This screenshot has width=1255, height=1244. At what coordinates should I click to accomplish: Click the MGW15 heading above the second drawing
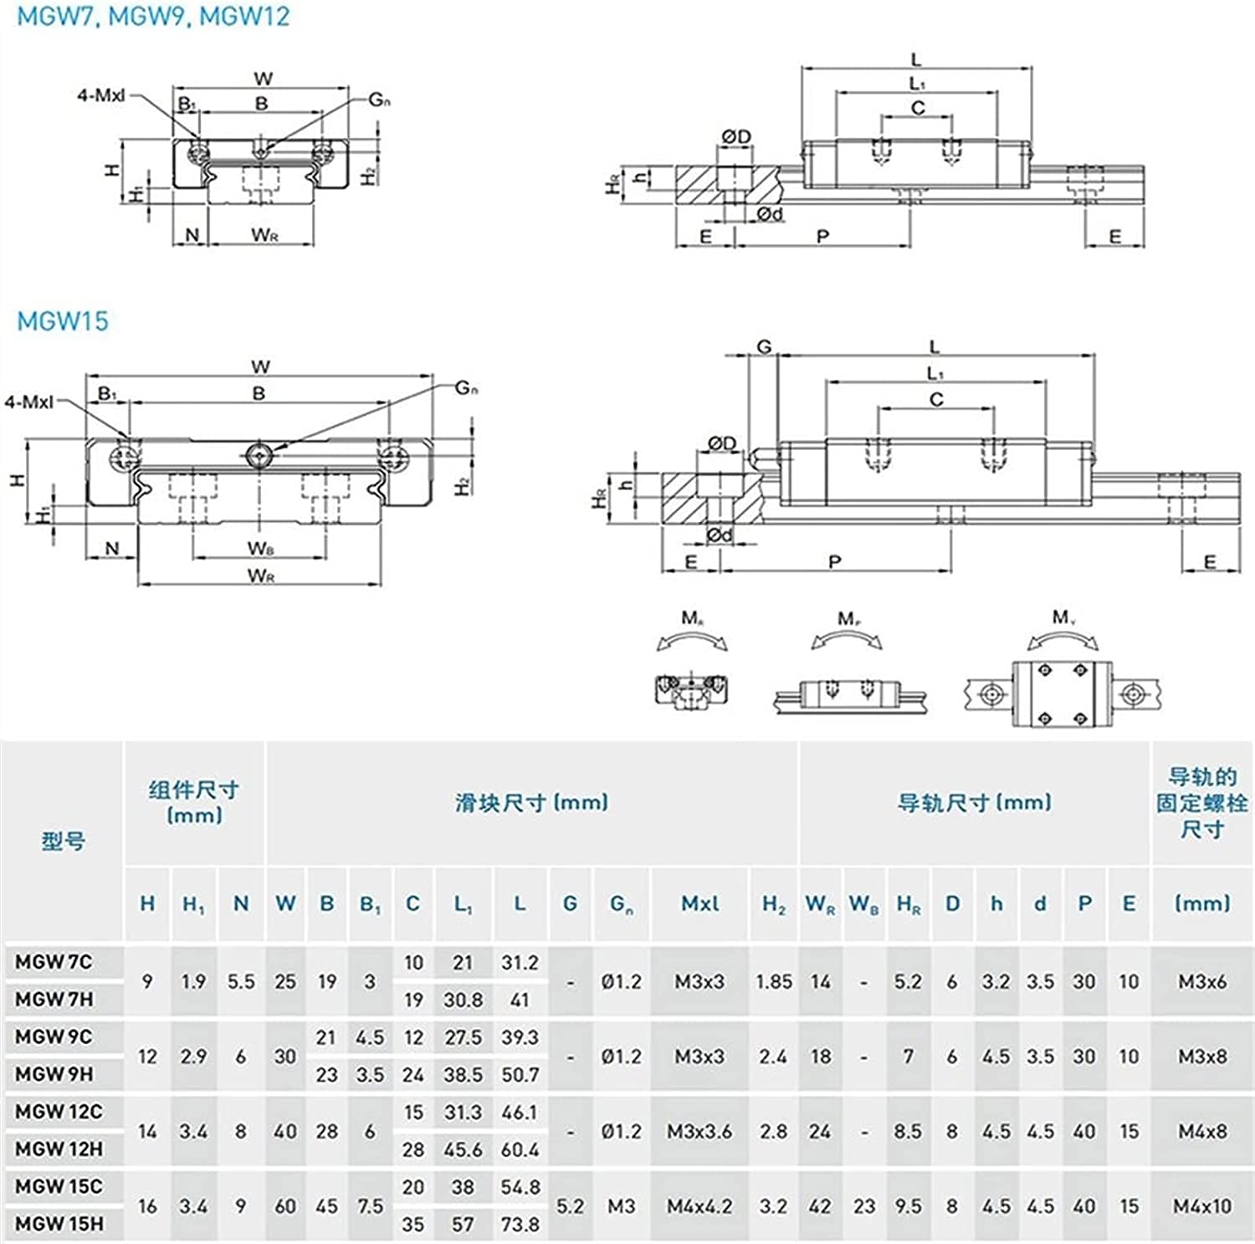63,320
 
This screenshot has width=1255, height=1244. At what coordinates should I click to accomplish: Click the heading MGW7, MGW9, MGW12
153,16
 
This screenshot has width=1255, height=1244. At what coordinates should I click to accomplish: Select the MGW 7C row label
54,962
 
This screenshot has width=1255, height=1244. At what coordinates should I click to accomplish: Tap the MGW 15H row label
59,1223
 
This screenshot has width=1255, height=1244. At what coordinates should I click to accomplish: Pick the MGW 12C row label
59,1111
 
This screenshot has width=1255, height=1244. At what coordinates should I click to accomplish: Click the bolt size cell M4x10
1202,1206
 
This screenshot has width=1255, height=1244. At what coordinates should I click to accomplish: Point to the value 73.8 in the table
520,1224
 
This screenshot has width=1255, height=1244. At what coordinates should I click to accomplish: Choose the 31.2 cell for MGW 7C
520,963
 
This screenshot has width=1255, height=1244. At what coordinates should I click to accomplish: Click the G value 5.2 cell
570,1206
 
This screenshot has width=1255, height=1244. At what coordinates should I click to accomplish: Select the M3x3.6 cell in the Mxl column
699,1131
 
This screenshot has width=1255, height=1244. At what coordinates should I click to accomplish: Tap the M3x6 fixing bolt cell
1202,981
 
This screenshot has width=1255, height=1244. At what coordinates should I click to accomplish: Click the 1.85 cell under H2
773,981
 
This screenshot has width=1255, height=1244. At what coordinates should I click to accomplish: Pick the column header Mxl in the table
699,904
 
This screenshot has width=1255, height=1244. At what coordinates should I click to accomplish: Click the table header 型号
64,841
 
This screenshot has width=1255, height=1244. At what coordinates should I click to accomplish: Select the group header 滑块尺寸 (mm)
531,803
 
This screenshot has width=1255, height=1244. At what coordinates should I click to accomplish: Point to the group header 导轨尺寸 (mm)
974,803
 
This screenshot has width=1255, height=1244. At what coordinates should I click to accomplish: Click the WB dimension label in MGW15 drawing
261,549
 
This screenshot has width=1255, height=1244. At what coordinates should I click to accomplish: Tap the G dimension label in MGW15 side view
764,346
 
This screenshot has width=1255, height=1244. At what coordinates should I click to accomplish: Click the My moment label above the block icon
1063,617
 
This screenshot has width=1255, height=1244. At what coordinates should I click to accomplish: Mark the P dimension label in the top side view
822,237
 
